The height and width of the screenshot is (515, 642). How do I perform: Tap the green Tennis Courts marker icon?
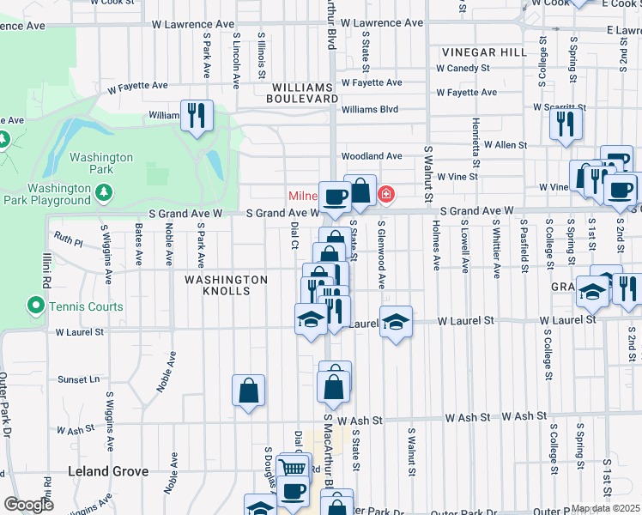pyautogui.click(x=36, y=306)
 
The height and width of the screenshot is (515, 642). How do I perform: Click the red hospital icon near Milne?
pyautogui.click(x=387, y=194)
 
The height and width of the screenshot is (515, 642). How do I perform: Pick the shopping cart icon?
pyautogui.click(x=294, y=469)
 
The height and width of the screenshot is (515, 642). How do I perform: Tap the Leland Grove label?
pyautogui.click(x=108, y=471)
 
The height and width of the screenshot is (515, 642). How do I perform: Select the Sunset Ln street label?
pyautogui.click(x=78, y=379)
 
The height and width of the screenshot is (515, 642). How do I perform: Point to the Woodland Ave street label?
pyautogui.click(x=372, y=156)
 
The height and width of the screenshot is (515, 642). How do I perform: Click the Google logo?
pyautogui.click(x=28, y=504)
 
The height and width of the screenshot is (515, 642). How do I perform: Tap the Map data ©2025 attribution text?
pyautogui.click(x=605, y=508)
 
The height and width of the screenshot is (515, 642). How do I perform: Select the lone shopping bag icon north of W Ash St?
pyautogui.click(x=248, y=391)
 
